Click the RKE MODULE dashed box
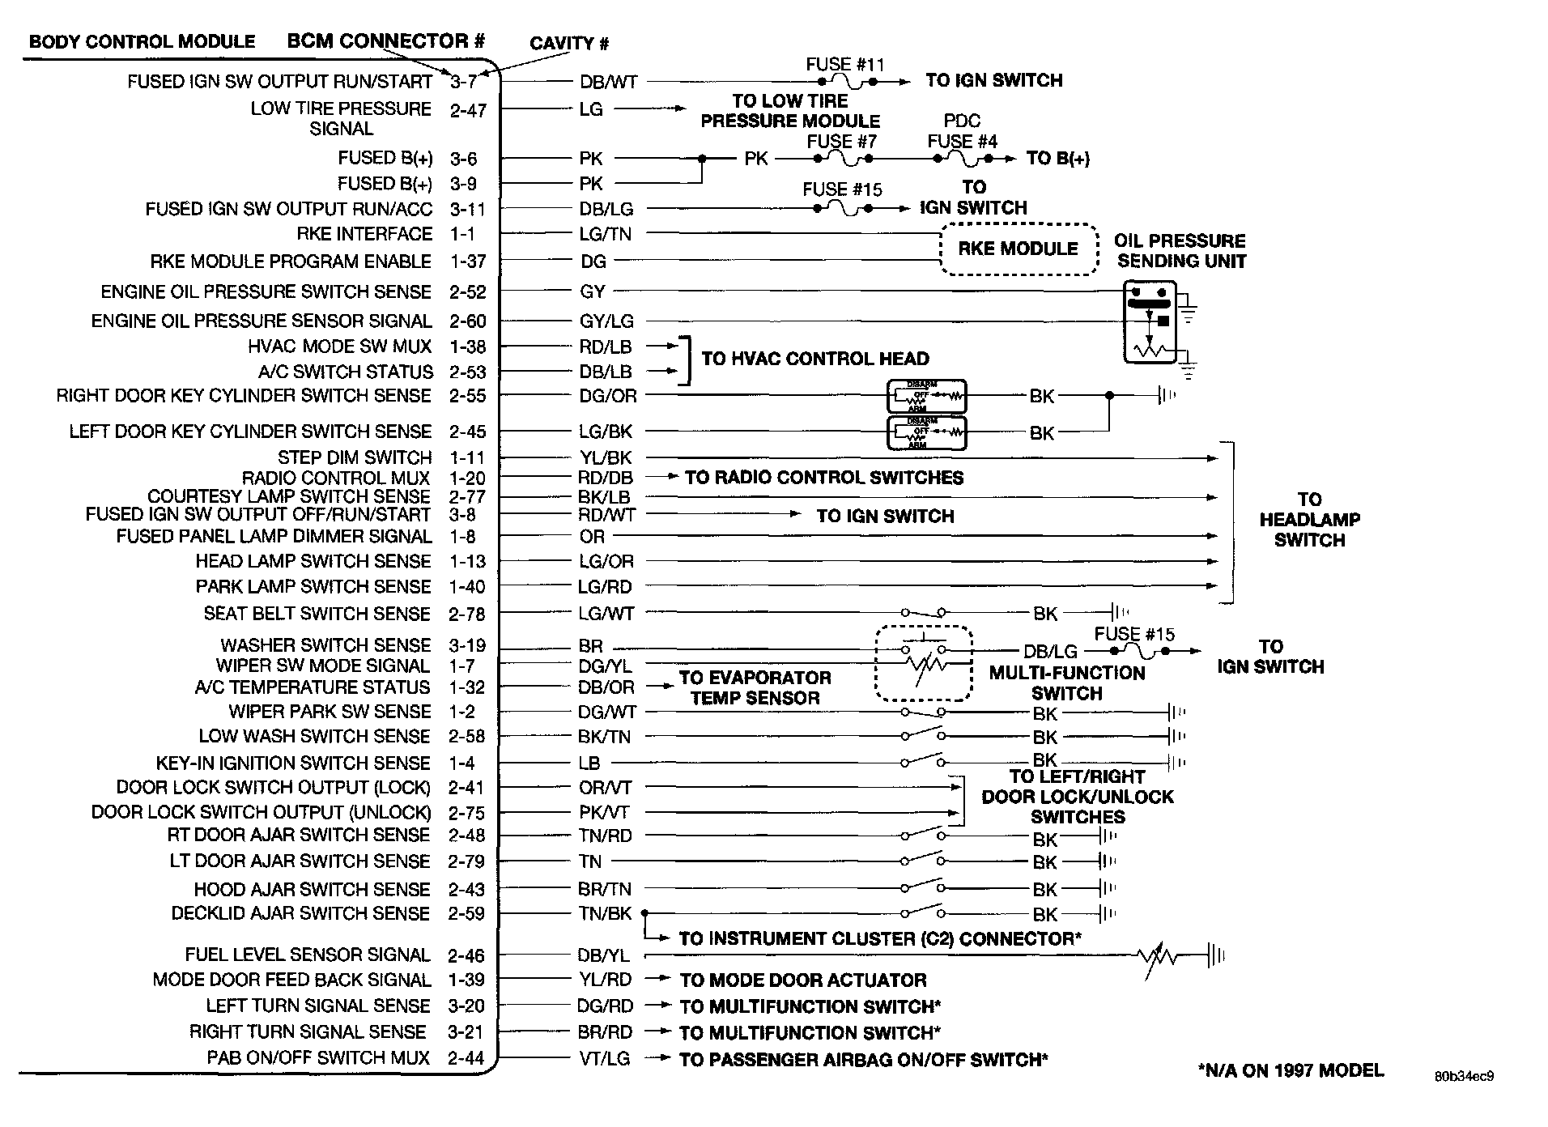pyautogui.click(x=1019, y=249)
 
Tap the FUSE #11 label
pyautogui.click(x=844, y=64)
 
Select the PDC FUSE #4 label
pyautogui.click(x=962, y=131)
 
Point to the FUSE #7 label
pyautogui.click(x=841, y=141)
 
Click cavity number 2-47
pyautogui.click(x=468, y=110)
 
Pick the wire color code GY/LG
pyautogui.click(x=606, y=321)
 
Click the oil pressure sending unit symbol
pyautogui.click(x=1150, y=321)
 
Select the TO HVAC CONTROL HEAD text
pyautogui.click(x=814, y=359)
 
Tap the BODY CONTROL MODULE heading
pyautogui.click(x=142, y=41)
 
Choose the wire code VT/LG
pyautogui.click(x=604, y=1058)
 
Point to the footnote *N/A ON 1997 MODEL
pyautogui.click(x=1291, y=1070)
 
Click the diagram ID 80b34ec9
pyautogui.click(x=1464, y=1077)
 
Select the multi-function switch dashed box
pyautogui.click(x=924, y=663)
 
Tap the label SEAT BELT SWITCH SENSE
pyautogui.click(x=317, y=614)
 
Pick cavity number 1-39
pyautogui.click(x=466, y=980)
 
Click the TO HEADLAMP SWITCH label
pyautogui.click(x=1309, y=520)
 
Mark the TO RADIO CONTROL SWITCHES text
pyautogui.click(x=824, y=478)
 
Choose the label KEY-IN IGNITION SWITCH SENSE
pyautogui.click(x=293, y=763)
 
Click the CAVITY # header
pyautogui.click(x=569, y=44)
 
